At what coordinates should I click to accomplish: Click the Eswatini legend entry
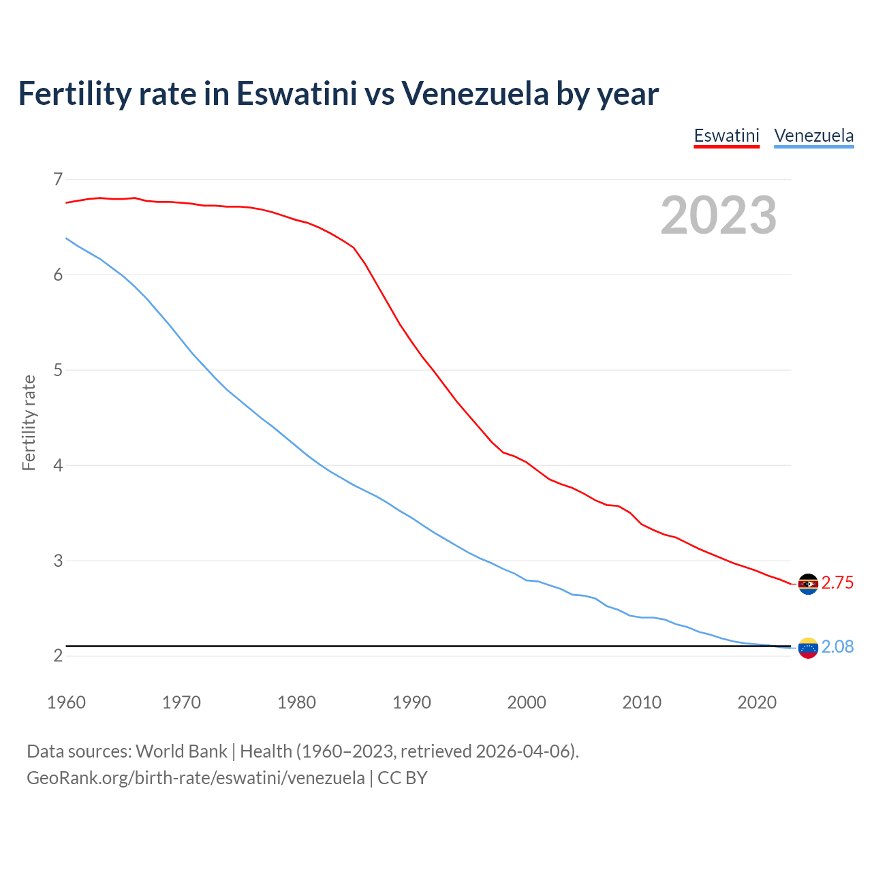[726, 136]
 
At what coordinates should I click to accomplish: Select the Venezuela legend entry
[813, 136]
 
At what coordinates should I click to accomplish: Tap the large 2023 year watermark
[719, 215]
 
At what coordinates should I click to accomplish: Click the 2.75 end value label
[837, 583]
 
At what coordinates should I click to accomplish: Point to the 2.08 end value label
[837, 647]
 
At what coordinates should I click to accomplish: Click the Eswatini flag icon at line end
[808, 584]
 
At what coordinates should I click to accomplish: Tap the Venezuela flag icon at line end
[808, 648]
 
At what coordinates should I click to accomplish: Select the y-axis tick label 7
[57, 179]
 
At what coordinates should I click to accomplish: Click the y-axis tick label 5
[57, 370]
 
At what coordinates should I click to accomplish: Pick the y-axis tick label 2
[57, 656]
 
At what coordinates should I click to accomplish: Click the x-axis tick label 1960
[66, 702]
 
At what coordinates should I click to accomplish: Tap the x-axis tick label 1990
[411, 702]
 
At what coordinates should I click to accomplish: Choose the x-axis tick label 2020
[757, 702]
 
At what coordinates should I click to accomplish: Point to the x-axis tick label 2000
[527, 702]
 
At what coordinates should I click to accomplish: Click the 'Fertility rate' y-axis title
[29, 422]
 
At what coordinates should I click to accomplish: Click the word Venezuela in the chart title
[474, 93]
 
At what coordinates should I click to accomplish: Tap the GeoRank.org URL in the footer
[196, 778]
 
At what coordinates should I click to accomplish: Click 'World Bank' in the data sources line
[181, 751]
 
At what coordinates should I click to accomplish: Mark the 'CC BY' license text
[403, 778]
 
